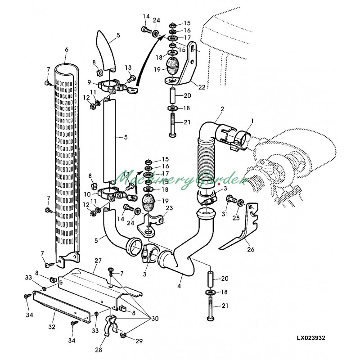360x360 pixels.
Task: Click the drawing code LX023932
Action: [x=311, y=338]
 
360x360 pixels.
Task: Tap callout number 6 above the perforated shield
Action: [x=67, y=49]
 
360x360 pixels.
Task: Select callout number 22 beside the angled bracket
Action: [x=202, y=87]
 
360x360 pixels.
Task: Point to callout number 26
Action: [x=251, y=249]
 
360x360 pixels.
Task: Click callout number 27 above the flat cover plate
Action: [x=98, y=261]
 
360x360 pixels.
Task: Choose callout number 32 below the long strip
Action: [x=52, y=327]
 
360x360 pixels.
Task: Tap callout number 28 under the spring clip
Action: [x=99, y=350]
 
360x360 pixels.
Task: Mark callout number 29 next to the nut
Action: [x=139, y=341]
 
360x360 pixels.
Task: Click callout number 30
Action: [x=155, y=319]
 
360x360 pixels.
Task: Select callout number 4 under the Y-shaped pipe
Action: [x=179, y=286]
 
